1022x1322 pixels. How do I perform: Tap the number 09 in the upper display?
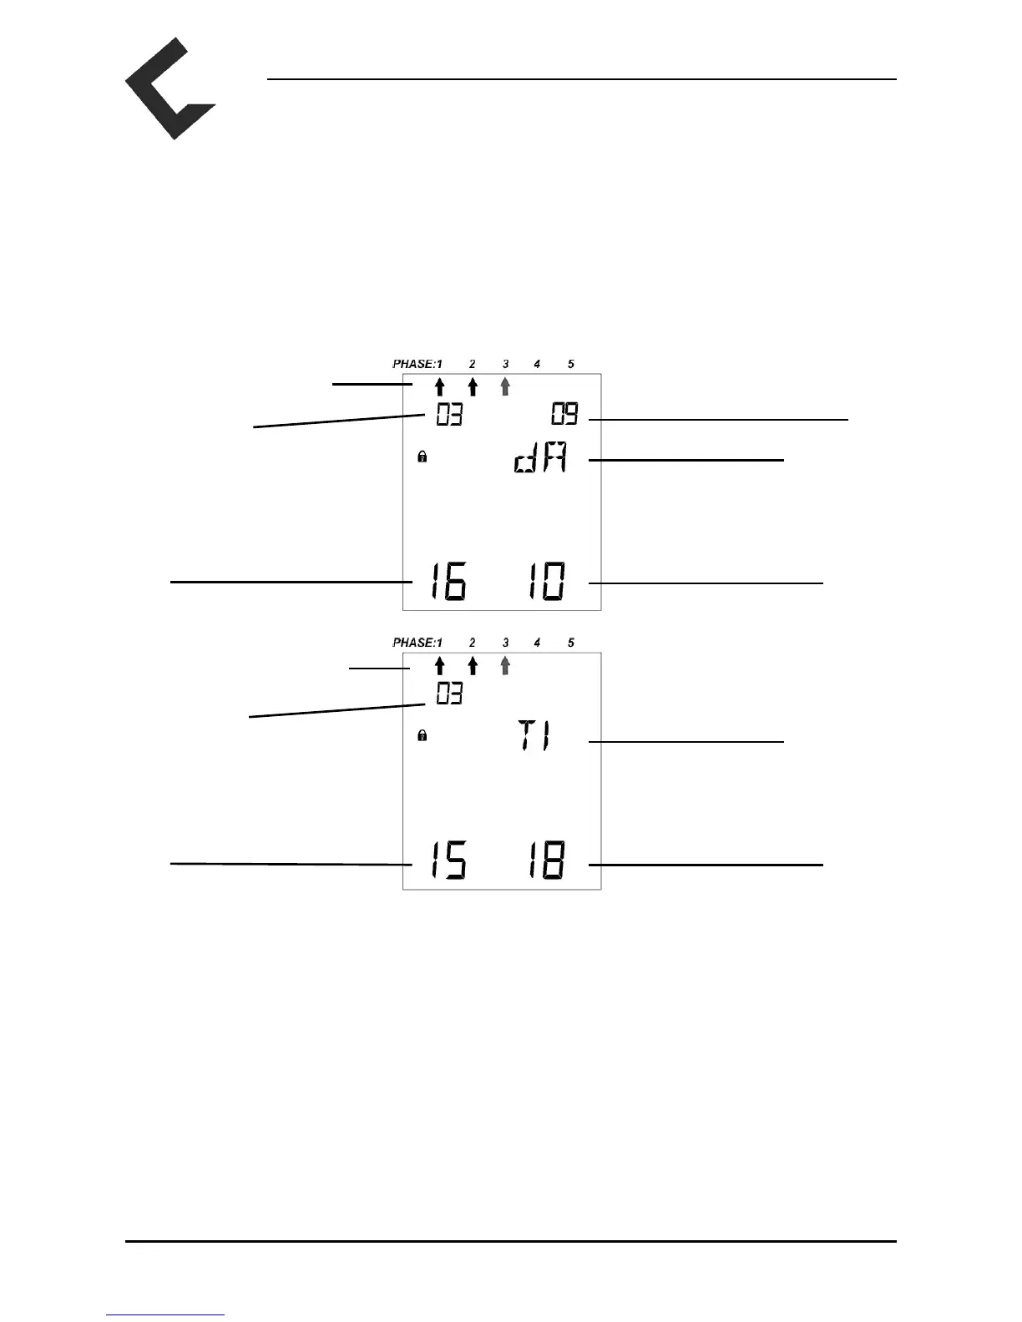click(564, 414)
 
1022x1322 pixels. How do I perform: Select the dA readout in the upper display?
click(540, 460)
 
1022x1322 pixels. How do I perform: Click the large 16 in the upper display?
click(448, 582)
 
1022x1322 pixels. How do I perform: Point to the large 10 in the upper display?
click(545, 582)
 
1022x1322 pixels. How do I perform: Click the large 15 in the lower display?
click(448, 860)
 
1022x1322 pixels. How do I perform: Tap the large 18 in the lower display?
click(545, 860)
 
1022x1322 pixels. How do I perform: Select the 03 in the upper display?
click(449, 415)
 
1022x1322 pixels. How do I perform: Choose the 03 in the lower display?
click(449, 694)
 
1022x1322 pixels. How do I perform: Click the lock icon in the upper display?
click(422, 457)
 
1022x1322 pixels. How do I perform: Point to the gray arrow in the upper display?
click(504, 386)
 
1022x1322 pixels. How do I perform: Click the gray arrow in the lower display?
click(504, 665)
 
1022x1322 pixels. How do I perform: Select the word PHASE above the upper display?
click(413, 364)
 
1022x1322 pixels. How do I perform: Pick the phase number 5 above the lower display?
click(571, 643)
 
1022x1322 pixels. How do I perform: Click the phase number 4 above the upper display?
click(537, 364)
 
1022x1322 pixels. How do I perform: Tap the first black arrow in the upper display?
click(439, 386)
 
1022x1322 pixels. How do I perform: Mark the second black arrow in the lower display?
click(473, 665)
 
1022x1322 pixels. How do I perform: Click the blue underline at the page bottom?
click(165, 1314)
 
